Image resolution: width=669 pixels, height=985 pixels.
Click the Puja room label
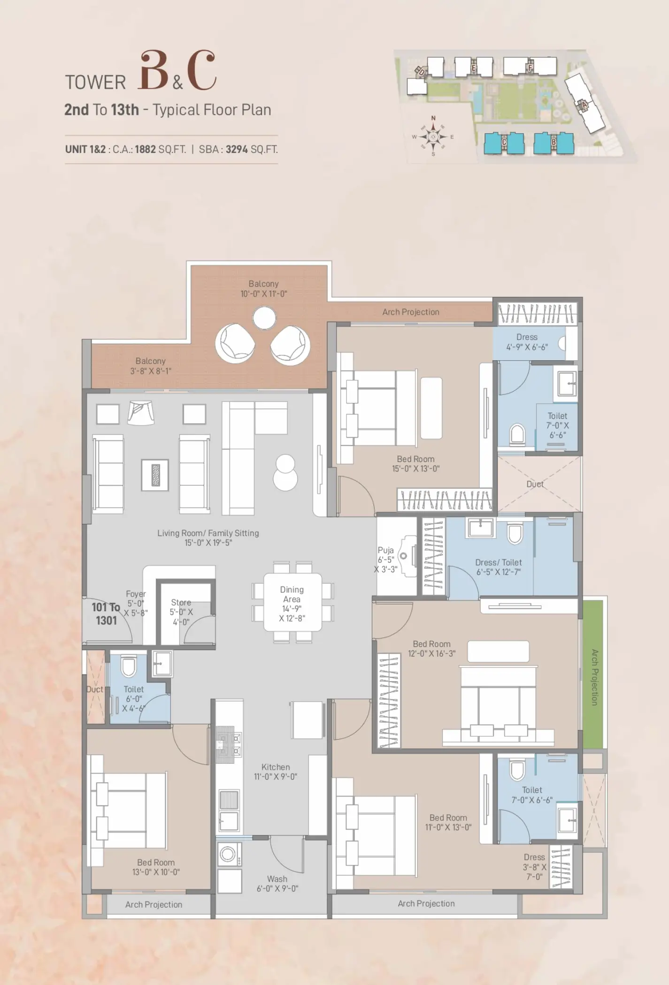(x=386, y=560)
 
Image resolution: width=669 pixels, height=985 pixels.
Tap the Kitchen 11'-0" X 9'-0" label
(x=276, y=772)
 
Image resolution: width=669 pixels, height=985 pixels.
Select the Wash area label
(x=277, y=884)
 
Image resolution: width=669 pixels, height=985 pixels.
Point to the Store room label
(x=181, y=612)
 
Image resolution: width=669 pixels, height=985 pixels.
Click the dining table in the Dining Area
(x=293, y=602)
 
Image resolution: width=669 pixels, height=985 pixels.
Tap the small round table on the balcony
(x=264, y=319)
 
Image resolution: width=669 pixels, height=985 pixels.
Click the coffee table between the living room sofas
(x=155, y=475)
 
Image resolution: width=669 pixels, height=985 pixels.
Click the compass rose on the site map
(x=433, y=137)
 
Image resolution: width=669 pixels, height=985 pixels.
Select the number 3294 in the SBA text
(x=236, y=150)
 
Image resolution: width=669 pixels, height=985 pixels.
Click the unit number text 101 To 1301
(x=106, y=614)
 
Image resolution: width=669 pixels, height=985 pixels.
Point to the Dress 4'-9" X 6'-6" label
(x=527, y=342)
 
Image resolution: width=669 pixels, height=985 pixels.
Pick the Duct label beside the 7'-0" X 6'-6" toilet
(x=535, y=484)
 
